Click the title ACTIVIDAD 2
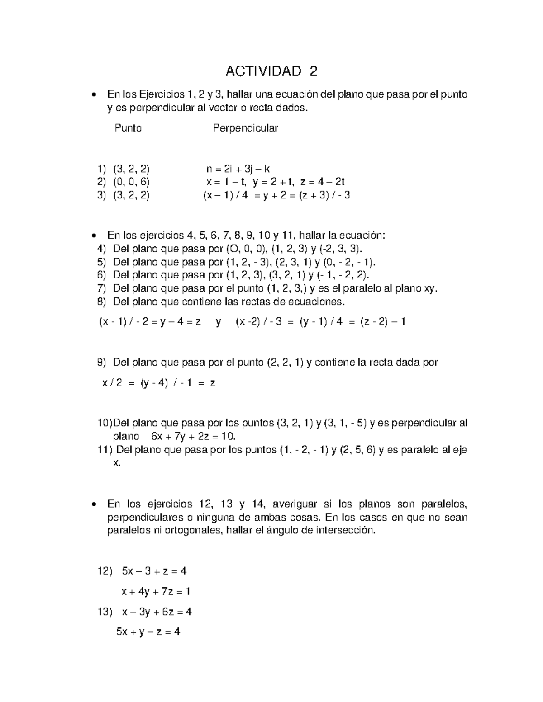pyautogui.click(x=271, y=71)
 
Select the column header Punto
pyautogui.click(x=128, y=128)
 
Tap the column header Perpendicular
pyautogui.click(x=245, y=128)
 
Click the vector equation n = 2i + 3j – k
pyautogui.click(x=238, y=169)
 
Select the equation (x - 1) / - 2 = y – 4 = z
pyautogui.click(x=150, y=322)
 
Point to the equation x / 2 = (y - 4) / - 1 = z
pyautogui.click(x=159, y=383)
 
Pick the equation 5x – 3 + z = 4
pyautogui.click(x=154, y=571)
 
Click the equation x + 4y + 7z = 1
pyautogui.click(x=156, y=591)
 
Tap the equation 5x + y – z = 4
pyautogui.click(x=148, y=631)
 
